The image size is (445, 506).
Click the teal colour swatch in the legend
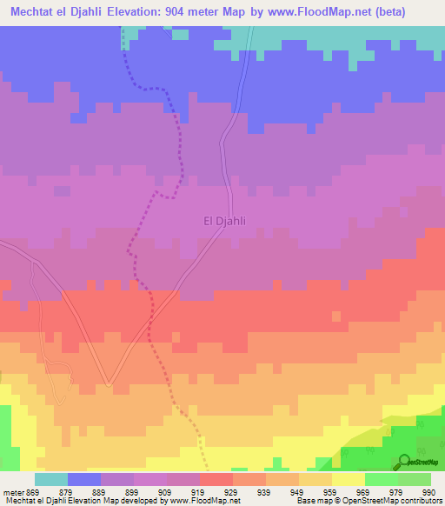[51, 479]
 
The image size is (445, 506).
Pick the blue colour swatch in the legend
[84, 479]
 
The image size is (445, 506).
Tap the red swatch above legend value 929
[216, 479]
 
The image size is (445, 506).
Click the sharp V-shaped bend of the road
[108, 383]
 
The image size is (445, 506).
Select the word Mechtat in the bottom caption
[19, 501]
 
